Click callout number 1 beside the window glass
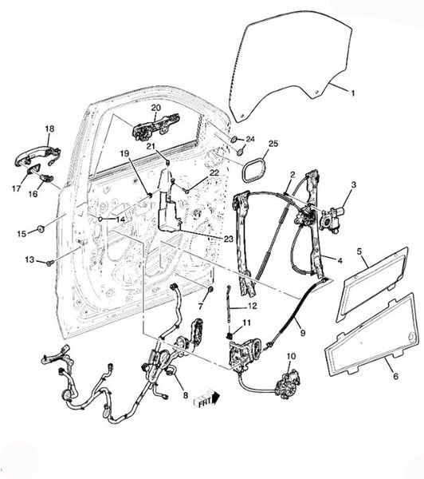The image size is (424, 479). click(x=353, y=93)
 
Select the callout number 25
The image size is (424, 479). click(x=273, y=143)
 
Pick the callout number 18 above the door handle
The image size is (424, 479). click(x=49, y=129)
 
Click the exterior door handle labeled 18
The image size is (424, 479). click(x=37, y=156)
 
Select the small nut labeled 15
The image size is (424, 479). click(x=41, y=228)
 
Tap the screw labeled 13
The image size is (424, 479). click(x=50, y=263)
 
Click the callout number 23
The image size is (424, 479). click(x=228, y=239)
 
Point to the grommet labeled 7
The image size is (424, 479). click(x=210, y=289)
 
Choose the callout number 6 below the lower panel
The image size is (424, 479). click(x=395, y=376)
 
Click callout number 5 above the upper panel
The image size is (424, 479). click(x=359, y=251)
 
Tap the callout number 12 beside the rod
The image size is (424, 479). click(x=253, y=306)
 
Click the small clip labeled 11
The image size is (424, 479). click(x=229, y=336)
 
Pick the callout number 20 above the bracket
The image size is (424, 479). click(x=156, y=108)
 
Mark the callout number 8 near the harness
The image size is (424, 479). click(x=186, y=395)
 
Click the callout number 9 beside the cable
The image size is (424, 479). click(x=303, y=332)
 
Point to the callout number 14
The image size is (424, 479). click(x=120, y=220)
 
